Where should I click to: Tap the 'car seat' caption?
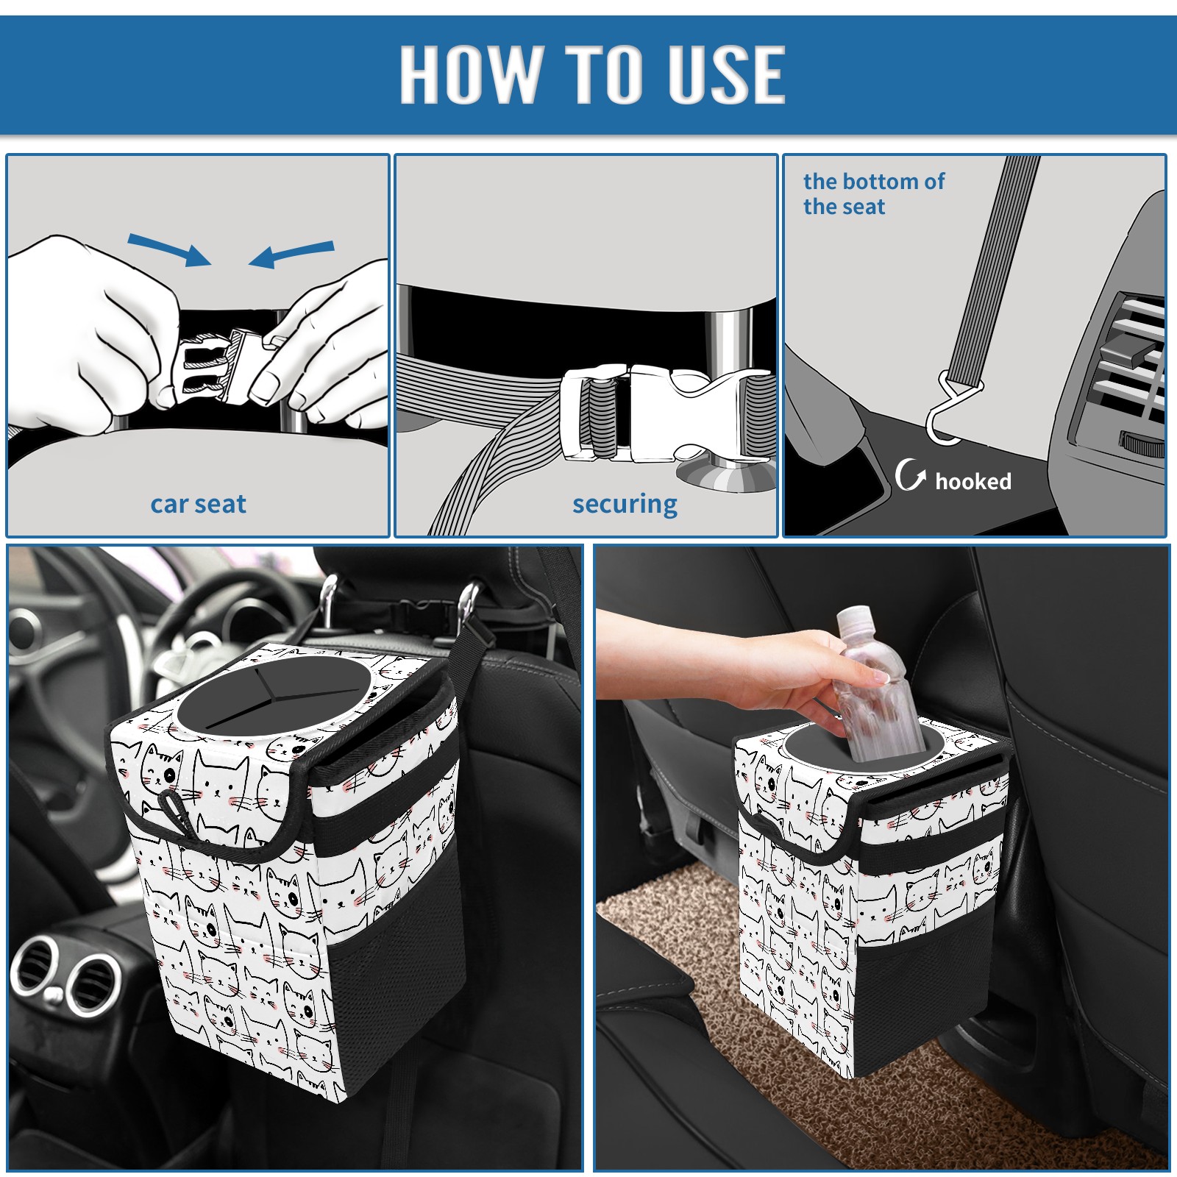pos(198,504)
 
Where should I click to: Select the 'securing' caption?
pos(625,505)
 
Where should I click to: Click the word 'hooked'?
pos(973,481)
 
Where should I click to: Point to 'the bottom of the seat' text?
pos(873,193)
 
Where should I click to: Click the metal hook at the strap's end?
pos(949,412)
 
